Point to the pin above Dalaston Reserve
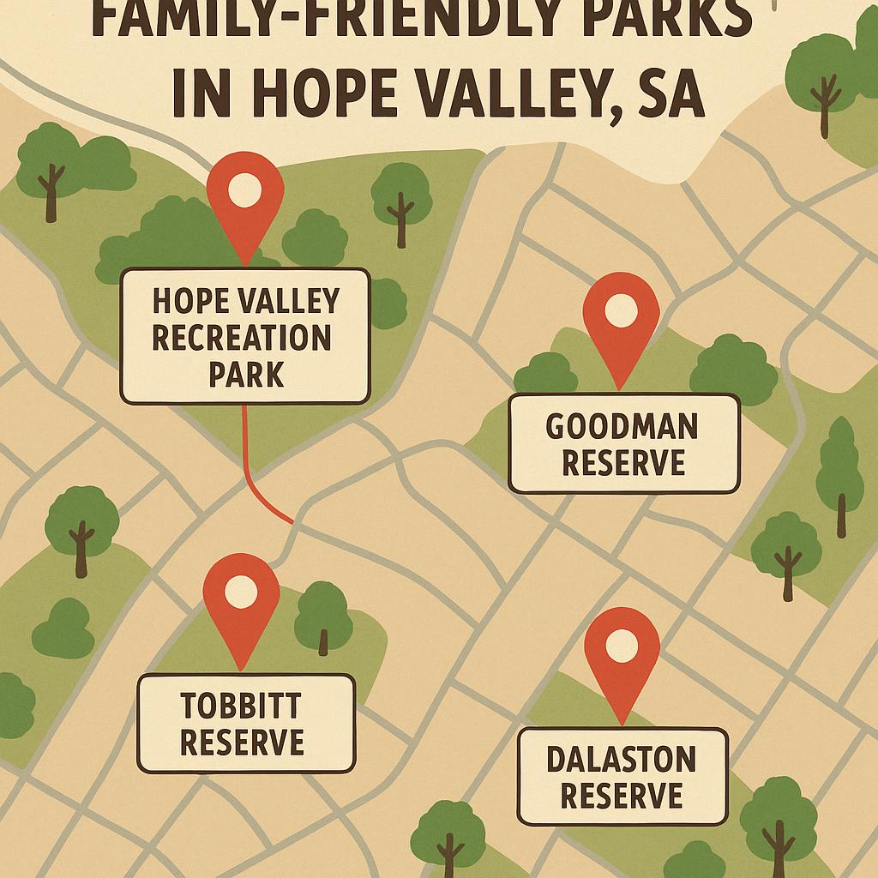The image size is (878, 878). [x=622, y=652]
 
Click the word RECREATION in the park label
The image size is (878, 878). [x=242, y=338]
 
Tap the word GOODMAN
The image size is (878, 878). [x=622, y=426]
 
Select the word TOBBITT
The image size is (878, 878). [x=241, y=707]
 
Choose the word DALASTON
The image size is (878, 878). [x=622, y=759]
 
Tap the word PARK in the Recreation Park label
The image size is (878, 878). [x=246, y=375]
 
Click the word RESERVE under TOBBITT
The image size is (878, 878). [x=243, y=742]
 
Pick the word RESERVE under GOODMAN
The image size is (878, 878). [x=623, y=463]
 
